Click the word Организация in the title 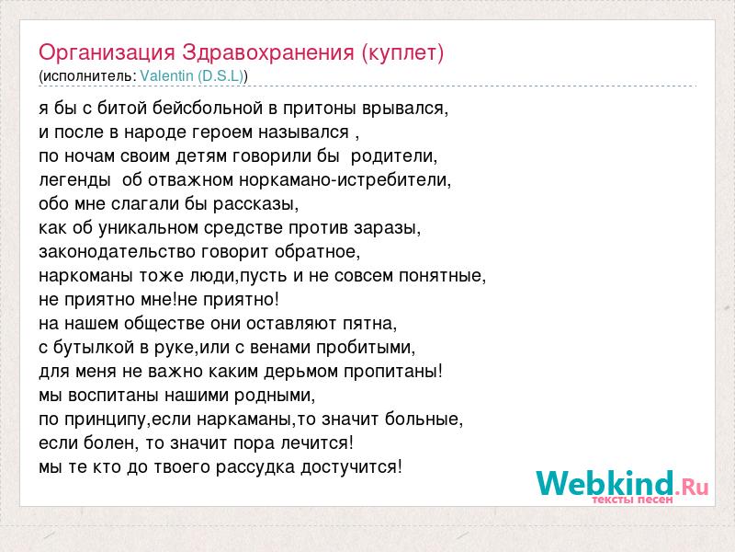click(107, 53)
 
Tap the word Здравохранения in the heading click(268, 52)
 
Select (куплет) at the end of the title click(402, 53)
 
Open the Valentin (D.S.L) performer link click(192, 76)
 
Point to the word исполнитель click(89, 76)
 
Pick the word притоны click(320, 109)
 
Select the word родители click(394, 156)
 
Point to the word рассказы click(256, 204)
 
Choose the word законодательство click(118, 252)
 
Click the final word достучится click(351, 467)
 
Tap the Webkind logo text click(622, 483)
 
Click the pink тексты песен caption click(632, 500)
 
